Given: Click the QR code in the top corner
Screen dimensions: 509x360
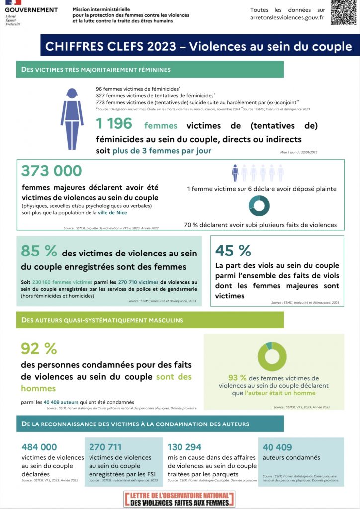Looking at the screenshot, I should [344, 12].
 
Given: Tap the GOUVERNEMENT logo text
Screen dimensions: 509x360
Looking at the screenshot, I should [31, 10].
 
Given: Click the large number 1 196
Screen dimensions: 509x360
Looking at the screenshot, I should [114, 124].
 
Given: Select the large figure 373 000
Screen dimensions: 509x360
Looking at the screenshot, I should [51, 171].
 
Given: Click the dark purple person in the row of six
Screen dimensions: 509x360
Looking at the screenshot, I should [235, 173].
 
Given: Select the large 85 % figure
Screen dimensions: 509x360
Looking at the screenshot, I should [39, 251].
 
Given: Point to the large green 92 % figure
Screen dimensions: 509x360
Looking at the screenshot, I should [39, 349].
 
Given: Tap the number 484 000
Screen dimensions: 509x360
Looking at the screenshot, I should [39, 447].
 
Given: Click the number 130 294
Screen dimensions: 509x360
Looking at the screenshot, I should [184, 447].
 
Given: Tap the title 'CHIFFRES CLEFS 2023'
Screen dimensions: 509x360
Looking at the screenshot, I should [110, 47].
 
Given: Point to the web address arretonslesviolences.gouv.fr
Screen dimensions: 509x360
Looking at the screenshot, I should [287, 17].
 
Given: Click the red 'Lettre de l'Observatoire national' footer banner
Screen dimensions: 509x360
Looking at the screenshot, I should [180, 499].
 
